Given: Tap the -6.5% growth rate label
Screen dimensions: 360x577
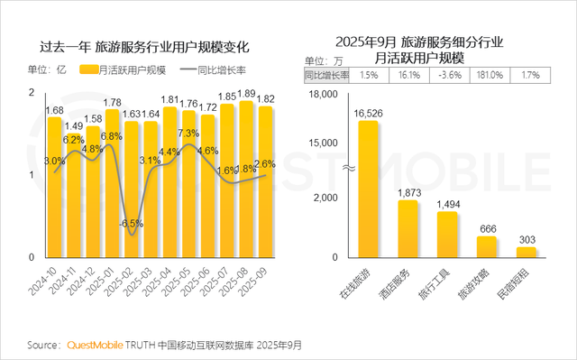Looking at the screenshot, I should click(x=132, y=223).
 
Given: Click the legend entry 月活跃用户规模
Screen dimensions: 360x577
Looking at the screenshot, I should click(x=124, y=69).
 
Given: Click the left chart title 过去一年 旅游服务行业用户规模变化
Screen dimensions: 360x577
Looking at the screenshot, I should click(x=144, y=45).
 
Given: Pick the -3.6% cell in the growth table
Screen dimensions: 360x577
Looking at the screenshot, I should click(x=448, y=76).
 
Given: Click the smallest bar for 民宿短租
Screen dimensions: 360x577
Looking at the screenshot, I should click(x=527, y=252).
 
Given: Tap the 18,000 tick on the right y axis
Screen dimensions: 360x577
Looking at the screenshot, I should click(x=322, y=94).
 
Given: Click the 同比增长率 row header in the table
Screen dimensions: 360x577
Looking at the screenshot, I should click(x=325, y=76).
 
